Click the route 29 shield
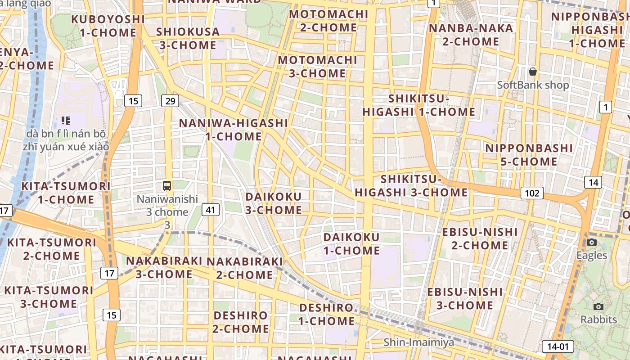tap(170, 101)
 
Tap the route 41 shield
tap(211, 209)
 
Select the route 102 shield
tap(532, 193)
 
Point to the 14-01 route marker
tap(558, 346)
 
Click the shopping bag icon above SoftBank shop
tap(533, 72)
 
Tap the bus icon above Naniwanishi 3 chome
tap(167, 185)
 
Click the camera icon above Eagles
tap(592, 242)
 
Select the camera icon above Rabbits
tap(598, 306)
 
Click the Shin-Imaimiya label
tap(418, 342)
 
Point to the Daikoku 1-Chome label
tap(351, 243)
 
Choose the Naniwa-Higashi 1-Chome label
tap(234, 130)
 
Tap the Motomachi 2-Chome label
tap(328, 21)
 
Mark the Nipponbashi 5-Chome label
tap(529, 154)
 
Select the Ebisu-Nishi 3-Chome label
tap(465, 298)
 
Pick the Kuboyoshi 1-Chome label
tap(108, 26)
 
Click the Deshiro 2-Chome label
tap(241, 322)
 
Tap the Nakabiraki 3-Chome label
tap(164, 267)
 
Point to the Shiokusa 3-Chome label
tap(188, 38)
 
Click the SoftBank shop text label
tap(533, 85)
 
